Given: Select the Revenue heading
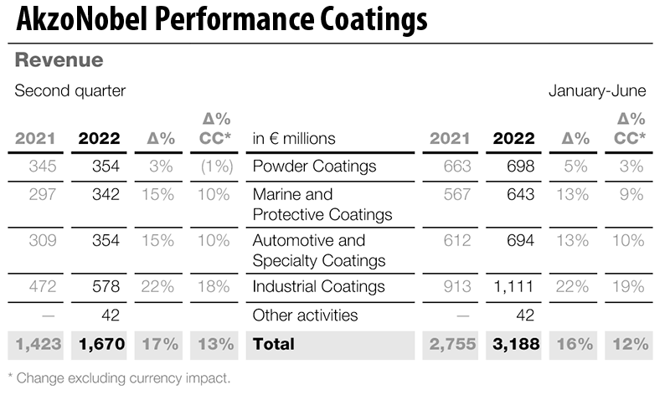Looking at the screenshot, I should (x=59, y=60).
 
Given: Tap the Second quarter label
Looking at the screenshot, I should (x=70, y=91).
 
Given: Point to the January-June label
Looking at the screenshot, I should (x=597, y=91).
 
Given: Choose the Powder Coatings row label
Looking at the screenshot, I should (x=314, y=167).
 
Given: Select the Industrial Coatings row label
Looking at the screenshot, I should (x=318, y=287).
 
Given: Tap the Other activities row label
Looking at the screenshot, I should (x=305, y=315).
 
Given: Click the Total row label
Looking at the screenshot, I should (x=272, y=344).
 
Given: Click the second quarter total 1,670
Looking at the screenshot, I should (x=100, y=344).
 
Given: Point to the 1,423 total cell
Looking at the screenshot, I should (x=35, y=344).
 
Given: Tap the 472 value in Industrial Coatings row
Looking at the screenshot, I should (x=42, y=287).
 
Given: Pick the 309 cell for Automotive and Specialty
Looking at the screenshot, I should (x=42, y=241).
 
